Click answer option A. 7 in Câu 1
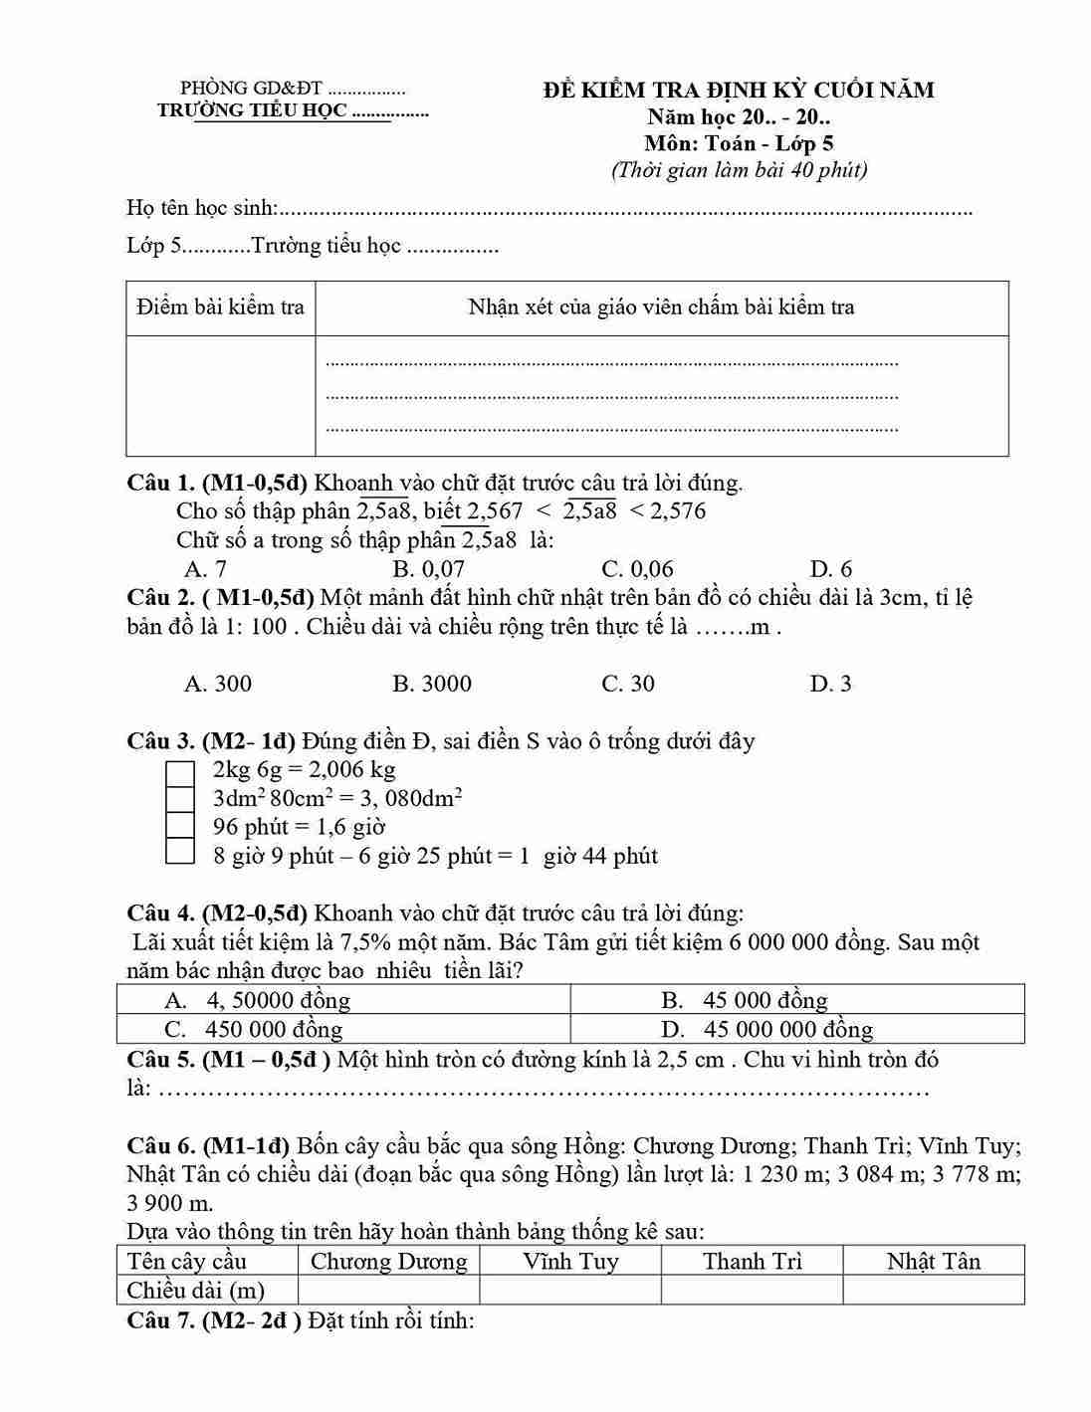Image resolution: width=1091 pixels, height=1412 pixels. (x=205, y=569)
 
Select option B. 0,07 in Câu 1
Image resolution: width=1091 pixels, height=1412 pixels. (x=428, y=569)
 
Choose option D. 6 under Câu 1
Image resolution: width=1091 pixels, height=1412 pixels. (x=831, y=569)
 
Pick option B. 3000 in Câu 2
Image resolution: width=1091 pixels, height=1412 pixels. (x=432, y=684)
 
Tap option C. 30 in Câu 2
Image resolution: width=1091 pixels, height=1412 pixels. (x=628, y=684)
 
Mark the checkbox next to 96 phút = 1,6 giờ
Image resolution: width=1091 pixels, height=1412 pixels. (x=179, y=826)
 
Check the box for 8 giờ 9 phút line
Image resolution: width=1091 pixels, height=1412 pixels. (x=179, y=852)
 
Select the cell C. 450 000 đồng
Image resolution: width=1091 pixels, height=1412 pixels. (x=343, y=1029)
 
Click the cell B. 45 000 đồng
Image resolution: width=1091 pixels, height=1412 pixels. (x=797, y=1000)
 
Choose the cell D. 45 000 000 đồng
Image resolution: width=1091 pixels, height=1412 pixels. (x=797, y=1029)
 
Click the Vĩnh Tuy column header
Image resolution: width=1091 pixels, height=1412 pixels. (x=570, y=1262)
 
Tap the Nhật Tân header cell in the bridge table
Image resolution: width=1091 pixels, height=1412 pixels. (x=933, y=1262)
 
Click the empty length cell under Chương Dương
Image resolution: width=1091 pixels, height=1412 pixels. (x=388, y=1291)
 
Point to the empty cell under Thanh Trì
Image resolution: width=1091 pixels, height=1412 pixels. (x=752, y=1291)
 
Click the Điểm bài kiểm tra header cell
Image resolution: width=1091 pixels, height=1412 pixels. (x=220, y=307)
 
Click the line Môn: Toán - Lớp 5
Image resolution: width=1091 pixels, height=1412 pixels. (x=739, y=143)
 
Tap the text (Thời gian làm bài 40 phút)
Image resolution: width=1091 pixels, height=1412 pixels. (x=739, y=169)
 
